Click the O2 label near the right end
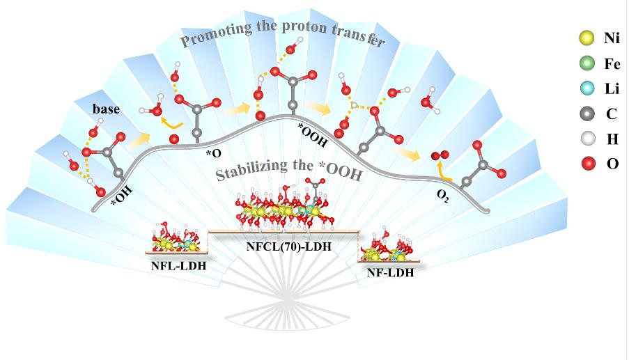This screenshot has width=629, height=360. click(x=442, y=197)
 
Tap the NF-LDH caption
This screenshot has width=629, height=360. click(x=390, y=272)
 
